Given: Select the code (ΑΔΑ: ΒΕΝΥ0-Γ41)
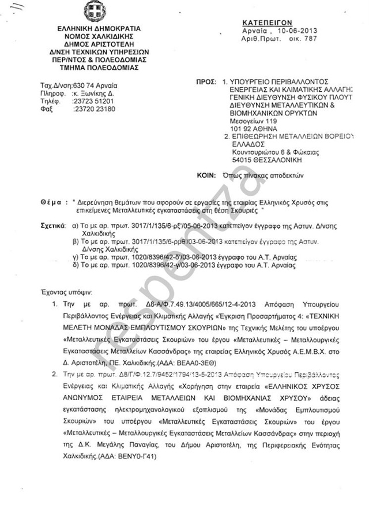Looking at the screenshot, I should pyautogui.click(x=121, y=456).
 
